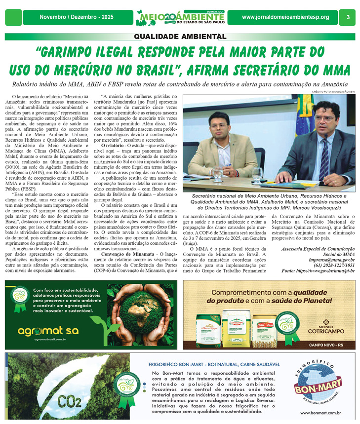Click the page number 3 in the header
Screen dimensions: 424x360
[348, 17]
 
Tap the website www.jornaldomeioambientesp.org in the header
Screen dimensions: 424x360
[285, 17]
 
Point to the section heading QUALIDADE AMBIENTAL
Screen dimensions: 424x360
[180, 37]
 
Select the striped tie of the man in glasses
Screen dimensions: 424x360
[324, 158]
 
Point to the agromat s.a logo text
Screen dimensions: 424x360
[42, 330]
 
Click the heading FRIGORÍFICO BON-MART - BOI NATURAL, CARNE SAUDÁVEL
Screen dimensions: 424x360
[214, 365]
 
